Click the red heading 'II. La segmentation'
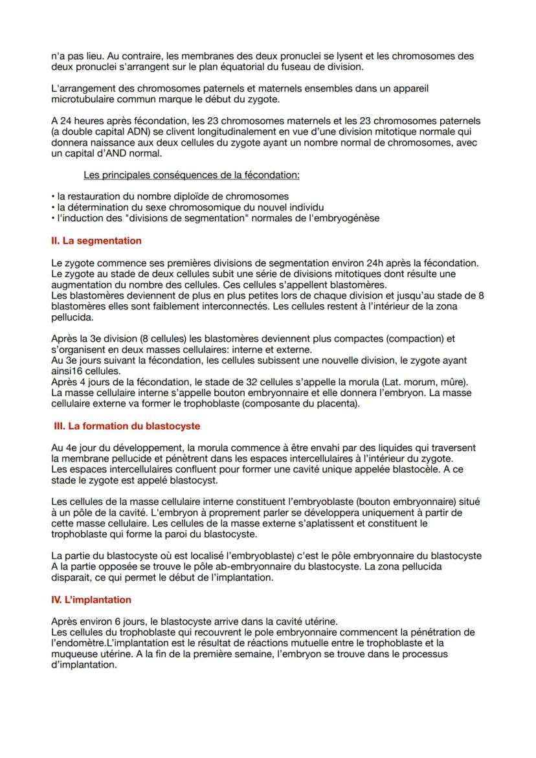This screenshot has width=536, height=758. (x=96, y=241)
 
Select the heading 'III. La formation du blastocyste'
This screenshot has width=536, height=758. (x=127, y=426)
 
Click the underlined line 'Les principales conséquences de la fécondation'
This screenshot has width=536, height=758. (x=191, y=175)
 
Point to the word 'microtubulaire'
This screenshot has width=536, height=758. (x=82, y=100)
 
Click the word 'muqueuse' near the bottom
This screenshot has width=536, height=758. (x=73, y=654)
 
